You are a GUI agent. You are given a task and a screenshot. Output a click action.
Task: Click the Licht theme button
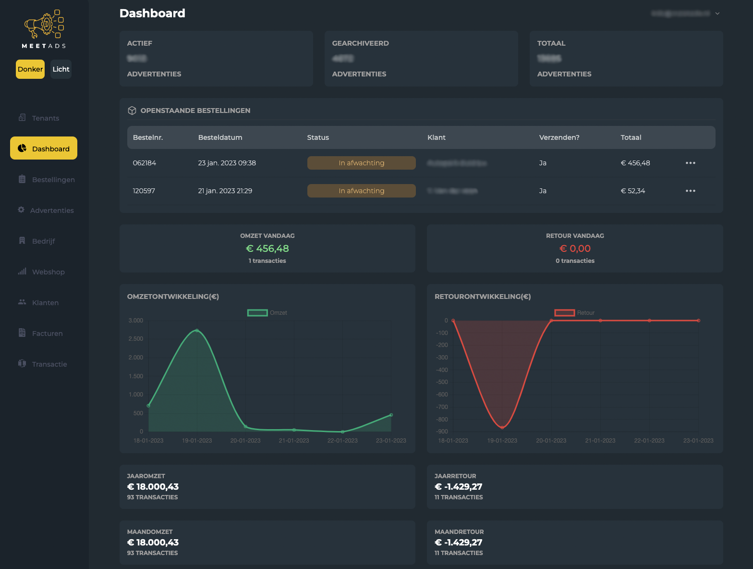[x=61, y=69]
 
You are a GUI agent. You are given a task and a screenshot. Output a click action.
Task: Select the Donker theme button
[x=30, y=69]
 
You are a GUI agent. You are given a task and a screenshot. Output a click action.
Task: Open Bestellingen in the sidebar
[x=53, y=180]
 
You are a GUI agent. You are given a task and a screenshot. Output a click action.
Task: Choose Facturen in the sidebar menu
[x=47, y=334]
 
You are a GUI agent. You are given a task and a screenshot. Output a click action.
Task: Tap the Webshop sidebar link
[x=48, y=272]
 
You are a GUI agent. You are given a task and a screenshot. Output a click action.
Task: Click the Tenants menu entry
[x=45, y=118]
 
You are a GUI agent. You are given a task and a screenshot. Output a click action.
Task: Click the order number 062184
[x=144, y=163]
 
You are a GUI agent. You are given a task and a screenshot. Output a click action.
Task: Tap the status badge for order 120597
[x=361, y=191]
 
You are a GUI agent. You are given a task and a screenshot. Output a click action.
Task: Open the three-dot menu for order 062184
[x=690, y=163]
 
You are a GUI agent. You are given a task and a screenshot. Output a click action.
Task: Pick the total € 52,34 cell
[x=632, y=191]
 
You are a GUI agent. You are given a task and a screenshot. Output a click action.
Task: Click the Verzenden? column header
[x=559, y=137]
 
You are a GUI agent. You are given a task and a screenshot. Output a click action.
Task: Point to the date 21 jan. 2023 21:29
[x=225, y=191]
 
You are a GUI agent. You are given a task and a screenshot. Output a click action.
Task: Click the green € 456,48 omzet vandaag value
[x=267, y=248]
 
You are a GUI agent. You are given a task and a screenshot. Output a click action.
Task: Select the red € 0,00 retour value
[x=575, y=248]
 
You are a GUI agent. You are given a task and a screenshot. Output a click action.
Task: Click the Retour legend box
[x=565, y=313]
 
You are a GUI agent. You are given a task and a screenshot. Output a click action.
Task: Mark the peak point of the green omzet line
[x=197, y=331]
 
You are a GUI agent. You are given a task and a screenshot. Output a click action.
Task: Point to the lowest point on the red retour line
[x=502, y=427]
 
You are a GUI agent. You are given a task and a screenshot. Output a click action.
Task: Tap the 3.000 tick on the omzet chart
[x=136, y=321]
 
